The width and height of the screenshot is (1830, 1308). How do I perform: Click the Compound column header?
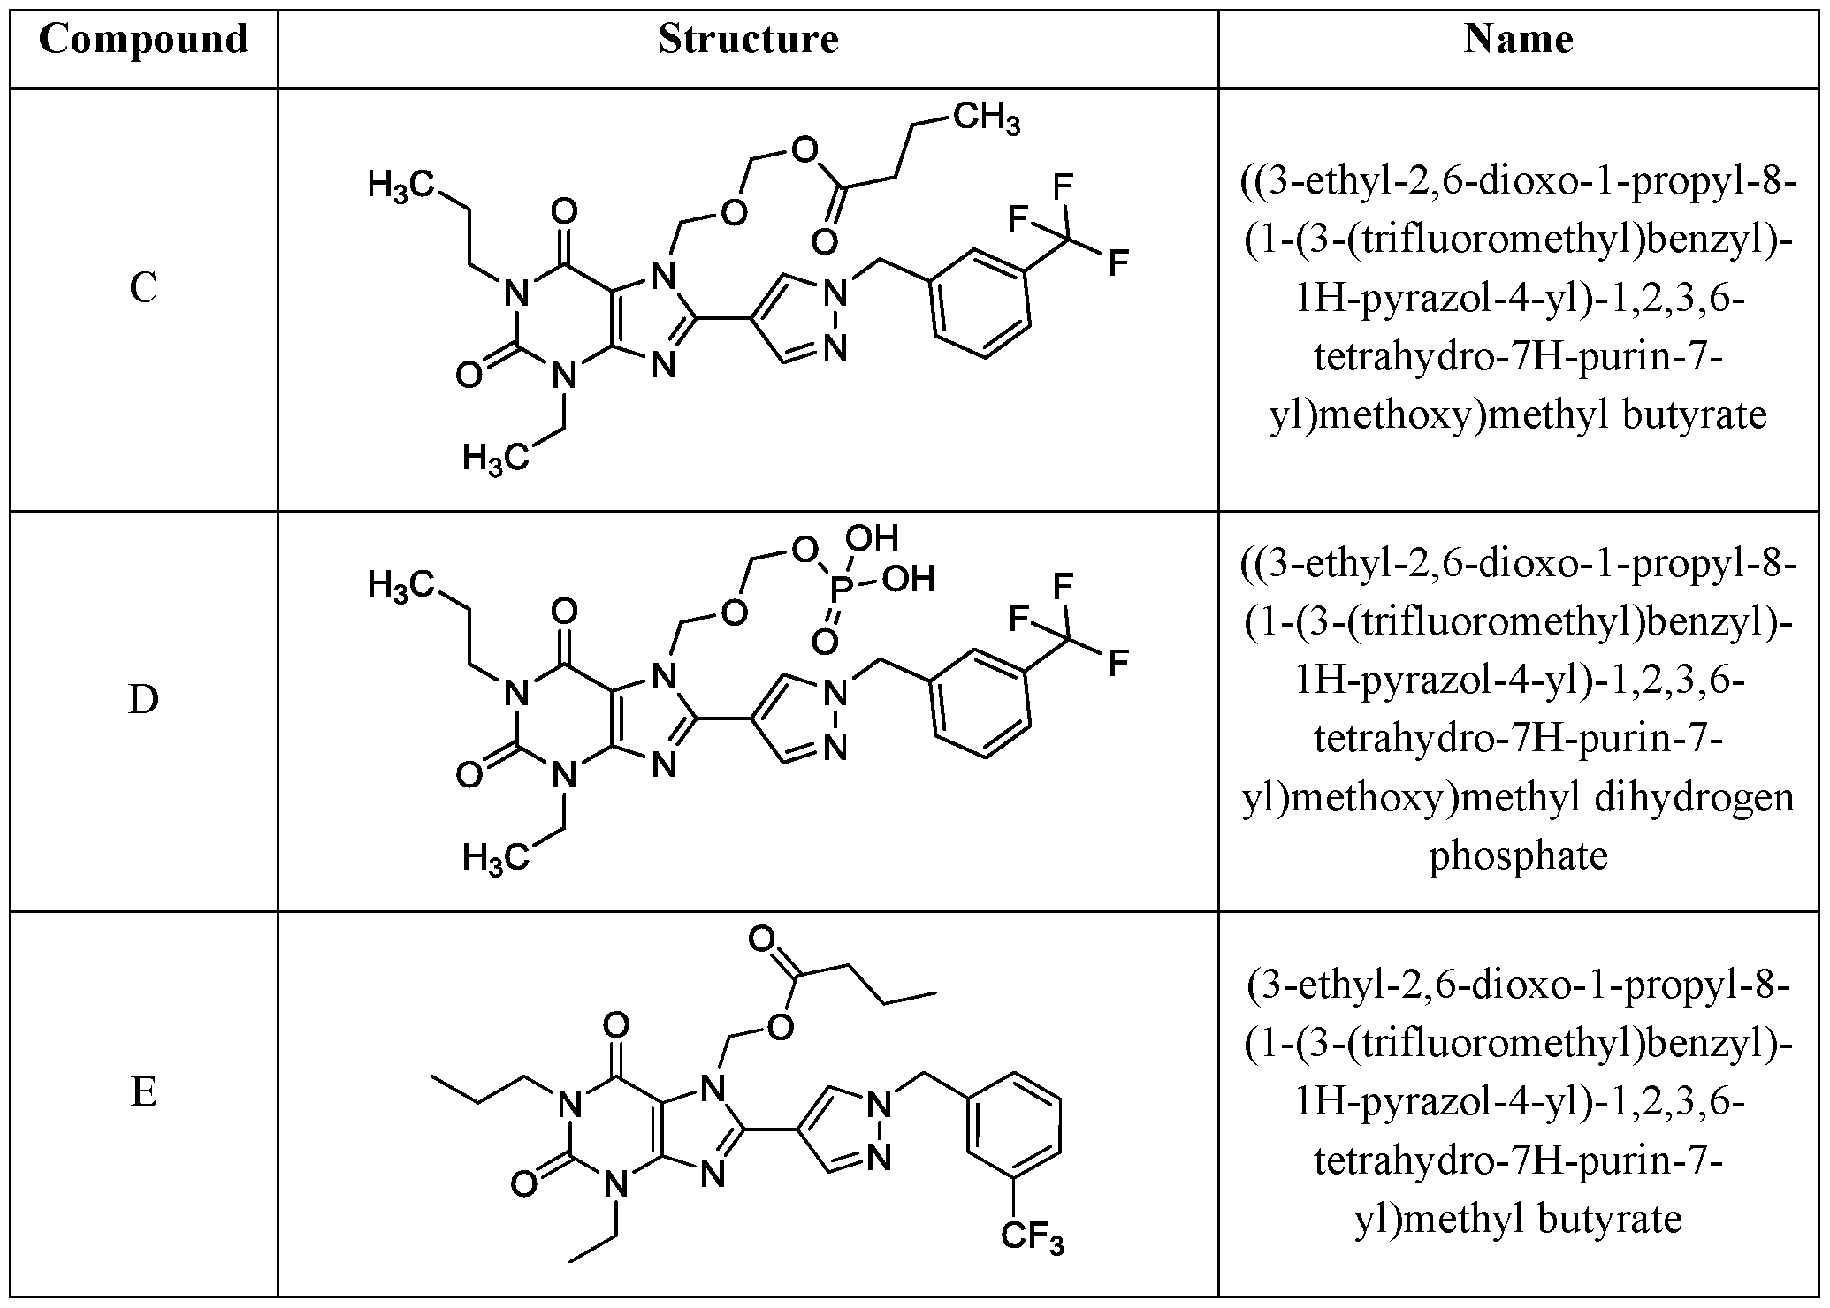click(x=143, y=40)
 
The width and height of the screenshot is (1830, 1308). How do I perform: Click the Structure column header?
click(x=748, y=40)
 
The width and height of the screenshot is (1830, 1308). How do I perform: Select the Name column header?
click(x=1518, y=40)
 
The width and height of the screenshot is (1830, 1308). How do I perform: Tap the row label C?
click(x=143, y=288)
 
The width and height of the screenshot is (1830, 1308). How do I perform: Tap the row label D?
click(x=143, y=699)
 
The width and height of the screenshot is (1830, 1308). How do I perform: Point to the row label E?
click(x=143, y=1093)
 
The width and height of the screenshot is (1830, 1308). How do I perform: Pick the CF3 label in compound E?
click(x=1033, y=1238)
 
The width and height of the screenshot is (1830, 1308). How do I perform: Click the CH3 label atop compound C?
click(x=987, y=118)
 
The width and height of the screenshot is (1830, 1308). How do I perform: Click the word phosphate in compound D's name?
click(x=1518, y=856)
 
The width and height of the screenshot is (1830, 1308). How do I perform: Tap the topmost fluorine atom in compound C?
click(x=1063, y=187)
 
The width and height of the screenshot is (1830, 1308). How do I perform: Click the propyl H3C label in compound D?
click(x=401, y=585)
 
